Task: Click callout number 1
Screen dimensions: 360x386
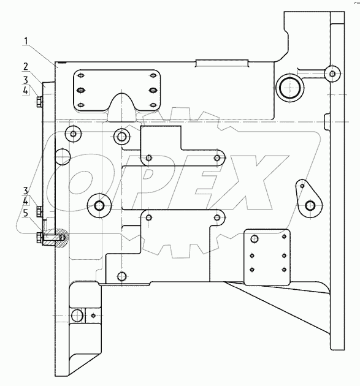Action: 26,42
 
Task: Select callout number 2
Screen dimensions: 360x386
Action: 26,67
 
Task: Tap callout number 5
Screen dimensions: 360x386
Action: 26,213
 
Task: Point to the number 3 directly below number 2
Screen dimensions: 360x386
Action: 26,80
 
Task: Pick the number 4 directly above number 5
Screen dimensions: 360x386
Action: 26,202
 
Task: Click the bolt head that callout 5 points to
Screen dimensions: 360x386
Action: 40,238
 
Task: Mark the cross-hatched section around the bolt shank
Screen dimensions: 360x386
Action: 56,238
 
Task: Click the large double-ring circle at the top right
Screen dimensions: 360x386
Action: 289,88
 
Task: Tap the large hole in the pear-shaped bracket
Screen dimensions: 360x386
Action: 310,205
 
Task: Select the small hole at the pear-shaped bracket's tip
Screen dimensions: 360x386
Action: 302,186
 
